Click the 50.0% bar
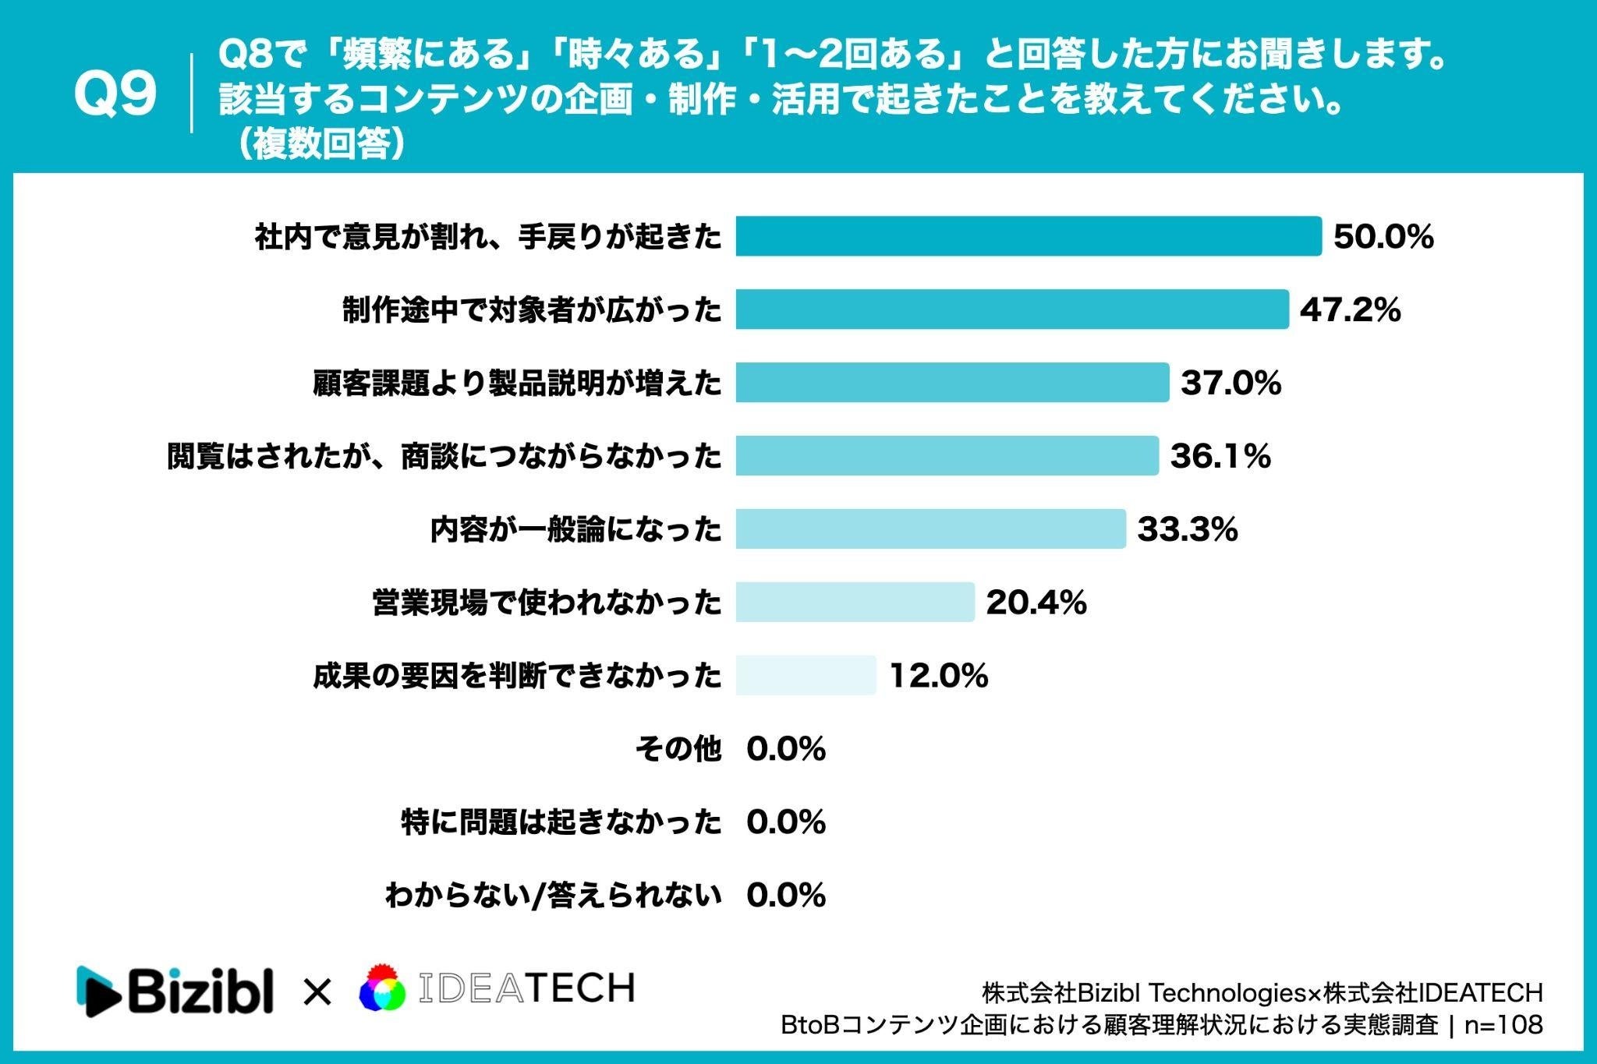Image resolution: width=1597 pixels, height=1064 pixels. tap(1029, 236)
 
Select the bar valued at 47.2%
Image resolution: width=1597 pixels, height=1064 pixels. tap(1012, 309)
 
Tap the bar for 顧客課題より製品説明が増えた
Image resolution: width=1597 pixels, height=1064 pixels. tap(952, 383)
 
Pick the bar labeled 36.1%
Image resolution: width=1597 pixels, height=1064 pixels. tap(947, 456)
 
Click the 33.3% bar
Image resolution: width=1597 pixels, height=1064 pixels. tap(931, 529)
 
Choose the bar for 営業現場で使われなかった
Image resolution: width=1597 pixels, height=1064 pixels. tap(855, 602)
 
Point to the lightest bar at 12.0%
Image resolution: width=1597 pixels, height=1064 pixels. tap(806, 675)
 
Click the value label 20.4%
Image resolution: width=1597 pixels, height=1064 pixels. tap(1036, 603)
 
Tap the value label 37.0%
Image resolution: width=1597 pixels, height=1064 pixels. tap(1231, 384)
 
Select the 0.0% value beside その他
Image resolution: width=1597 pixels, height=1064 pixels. tap(786, 749)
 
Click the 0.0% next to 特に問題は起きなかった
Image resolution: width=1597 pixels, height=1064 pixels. tap(786, 822)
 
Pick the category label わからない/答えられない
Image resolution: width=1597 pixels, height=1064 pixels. tap(554, 896)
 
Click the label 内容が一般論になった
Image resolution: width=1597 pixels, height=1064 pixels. tap(576, 530)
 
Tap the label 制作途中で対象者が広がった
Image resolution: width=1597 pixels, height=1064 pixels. tap(533, 310)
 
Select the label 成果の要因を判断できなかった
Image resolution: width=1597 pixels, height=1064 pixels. tap(518, 676)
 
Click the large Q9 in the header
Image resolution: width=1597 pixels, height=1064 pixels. tap(115, 94)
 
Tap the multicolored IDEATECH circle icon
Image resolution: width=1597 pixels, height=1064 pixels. tap(382, 988)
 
